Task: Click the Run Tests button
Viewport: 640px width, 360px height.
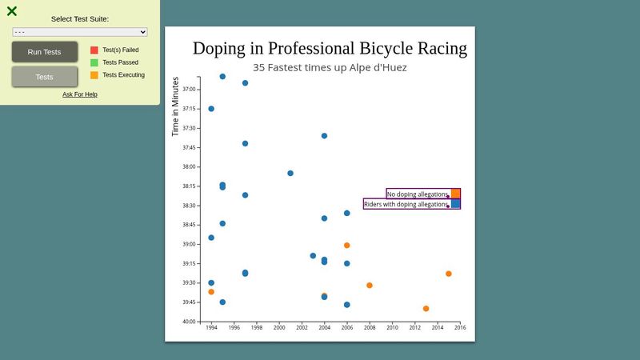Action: click(x=45, y=52)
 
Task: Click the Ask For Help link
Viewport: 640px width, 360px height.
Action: click(x=80, y=94)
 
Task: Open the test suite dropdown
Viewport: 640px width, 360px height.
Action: click(x=80, y=32)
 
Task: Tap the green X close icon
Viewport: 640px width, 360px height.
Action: click(x=12, y=11)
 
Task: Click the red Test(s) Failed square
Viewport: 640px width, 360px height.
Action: click(x=94, y=50)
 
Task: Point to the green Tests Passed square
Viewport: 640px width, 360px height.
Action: click(x=94, y=62)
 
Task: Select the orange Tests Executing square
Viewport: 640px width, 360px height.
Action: click(x=94, y=75)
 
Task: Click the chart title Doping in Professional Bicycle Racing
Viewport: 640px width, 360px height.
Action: click(x=330, y=48)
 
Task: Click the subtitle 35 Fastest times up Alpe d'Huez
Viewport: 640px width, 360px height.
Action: click(x=330, y=68)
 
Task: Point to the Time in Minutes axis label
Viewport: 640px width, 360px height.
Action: click(x=175, y=106)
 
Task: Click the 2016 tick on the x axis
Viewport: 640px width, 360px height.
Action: click(x=460, y=327)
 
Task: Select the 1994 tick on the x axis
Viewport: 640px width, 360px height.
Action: click(x=211, y=327)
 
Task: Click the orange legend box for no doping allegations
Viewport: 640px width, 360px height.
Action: click(x=456, y=194)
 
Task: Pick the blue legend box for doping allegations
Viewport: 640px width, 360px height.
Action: click(x=456, y=204)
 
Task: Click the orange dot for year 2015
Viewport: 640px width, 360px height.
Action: click(x=449, y=274)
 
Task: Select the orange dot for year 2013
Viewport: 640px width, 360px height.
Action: click(x=426, y=309)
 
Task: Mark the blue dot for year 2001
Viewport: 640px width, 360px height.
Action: click(x=290, y=173)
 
